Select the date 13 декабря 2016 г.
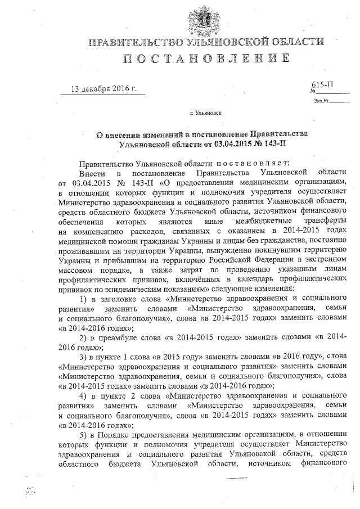click(x=104, y=89)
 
